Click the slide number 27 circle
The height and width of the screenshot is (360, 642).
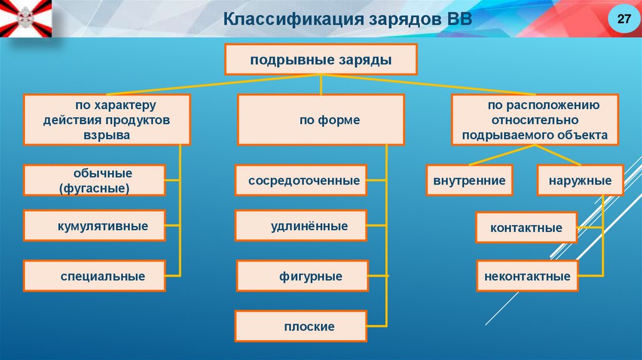click(x=624, y=20)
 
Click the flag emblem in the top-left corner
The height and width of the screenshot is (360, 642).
click(x=25, y=18)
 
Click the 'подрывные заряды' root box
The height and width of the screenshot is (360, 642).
click(x=321, y=60)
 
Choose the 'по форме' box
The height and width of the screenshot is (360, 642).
click(x=321, y=120)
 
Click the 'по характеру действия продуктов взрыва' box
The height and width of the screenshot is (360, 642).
click(x=107, y=120)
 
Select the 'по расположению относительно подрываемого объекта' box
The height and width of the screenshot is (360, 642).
click(x=535, y=120)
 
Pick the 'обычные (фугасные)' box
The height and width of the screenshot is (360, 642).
click(x=95, y=181)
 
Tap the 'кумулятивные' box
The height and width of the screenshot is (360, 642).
click(x=95, y=226)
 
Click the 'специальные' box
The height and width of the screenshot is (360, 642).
click(x=95, y=276)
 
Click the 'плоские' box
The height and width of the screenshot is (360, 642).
click(x=300, y=326)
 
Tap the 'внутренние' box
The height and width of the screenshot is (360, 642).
click(x=469, y=181)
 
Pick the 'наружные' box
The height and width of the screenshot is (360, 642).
click(x=580, y=181)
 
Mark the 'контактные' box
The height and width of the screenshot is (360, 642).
click(x=526, y=228)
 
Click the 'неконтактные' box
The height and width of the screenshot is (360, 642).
click(x=526, y=276)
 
